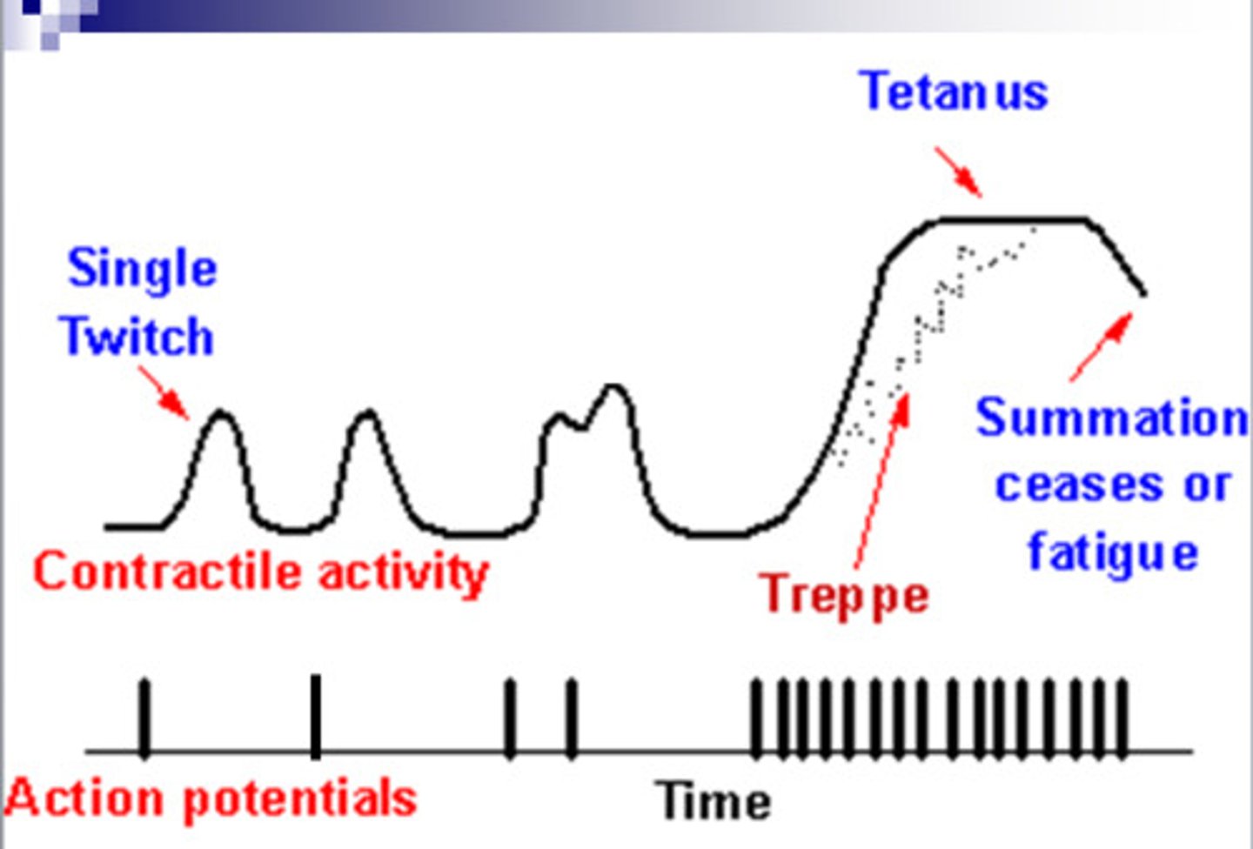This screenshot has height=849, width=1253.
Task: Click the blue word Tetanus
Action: (954, 91)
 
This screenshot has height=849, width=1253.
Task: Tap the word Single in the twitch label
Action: (142, 268)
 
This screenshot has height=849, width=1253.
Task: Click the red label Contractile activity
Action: (260, 572)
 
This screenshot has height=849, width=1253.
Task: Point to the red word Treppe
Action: (844, 596)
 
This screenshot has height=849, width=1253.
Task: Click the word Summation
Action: (1111, 418)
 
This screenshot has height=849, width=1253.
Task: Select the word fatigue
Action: (1113, 553)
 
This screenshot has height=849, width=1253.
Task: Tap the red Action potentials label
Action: (211, 799)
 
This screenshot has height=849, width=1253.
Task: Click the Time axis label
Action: (714, 801)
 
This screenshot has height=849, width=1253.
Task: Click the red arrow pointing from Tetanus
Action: (958, 171)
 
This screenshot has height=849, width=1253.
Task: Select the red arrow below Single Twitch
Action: (164, 393)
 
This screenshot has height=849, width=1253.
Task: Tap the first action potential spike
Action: (144, 719)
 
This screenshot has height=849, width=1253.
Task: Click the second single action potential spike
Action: (315, 717)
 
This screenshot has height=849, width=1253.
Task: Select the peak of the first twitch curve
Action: (223, 413)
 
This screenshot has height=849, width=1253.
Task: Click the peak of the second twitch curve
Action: (367, 413)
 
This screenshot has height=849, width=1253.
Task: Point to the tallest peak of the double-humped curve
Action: (614, 387)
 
